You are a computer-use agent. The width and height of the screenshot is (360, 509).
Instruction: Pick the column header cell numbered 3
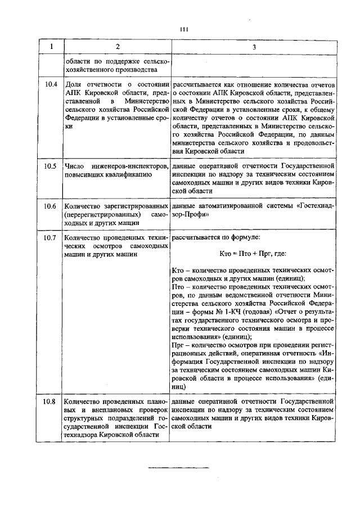tap(254, 47)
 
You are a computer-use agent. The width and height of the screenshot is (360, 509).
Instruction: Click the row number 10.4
tap(50, 84)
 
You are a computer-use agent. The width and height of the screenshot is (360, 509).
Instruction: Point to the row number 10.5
tap(50, 166)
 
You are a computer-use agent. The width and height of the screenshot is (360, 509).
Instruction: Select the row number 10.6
tap(50, 206)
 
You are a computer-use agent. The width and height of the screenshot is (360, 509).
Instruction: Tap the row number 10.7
tap(50, 238)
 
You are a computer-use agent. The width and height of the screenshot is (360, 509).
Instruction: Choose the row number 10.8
tap(50, 402)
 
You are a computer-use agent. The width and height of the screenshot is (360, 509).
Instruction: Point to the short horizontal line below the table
tap(178, 468)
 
